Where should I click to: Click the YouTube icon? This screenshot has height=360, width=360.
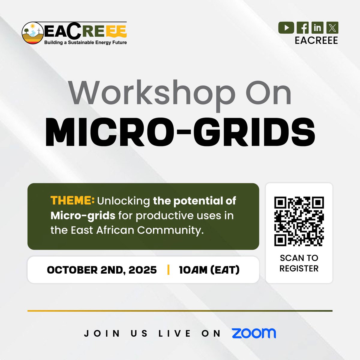click(x=286, y=28)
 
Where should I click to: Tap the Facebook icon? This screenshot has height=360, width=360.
click(x=303, y=28)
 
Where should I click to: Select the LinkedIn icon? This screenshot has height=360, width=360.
click(x=317, y=28)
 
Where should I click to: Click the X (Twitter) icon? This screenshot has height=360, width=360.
click(x=332, y=28)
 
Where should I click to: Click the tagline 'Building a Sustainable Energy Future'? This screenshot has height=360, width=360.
click(x=85, y=43)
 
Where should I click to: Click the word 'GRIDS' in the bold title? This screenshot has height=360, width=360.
click(x=254, y=132)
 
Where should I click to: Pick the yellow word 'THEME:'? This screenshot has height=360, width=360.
click(x=72, y=201)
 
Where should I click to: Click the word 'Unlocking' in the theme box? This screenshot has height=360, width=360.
click(x=124, y=201)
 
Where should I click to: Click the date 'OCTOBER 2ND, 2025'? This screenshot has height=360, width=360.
click(x=102, y=270)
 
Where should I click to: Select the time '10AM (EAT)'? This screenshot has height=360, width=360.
click(x=209, y=270)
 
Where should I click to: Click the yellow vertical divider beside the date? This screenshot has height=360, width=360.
click(x=168, y=270)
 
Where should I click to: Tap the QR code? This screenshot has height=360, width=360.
click(x=299, y=221)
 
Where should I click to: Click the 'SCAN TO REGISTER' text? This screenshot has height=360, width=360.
click(x=299, y=263)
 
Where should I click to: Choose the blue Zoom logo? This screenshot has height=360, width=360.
click(x=254, y=333)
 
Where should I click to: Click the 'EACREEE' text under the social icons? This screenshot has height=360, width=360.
click(x=316, y=40)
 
